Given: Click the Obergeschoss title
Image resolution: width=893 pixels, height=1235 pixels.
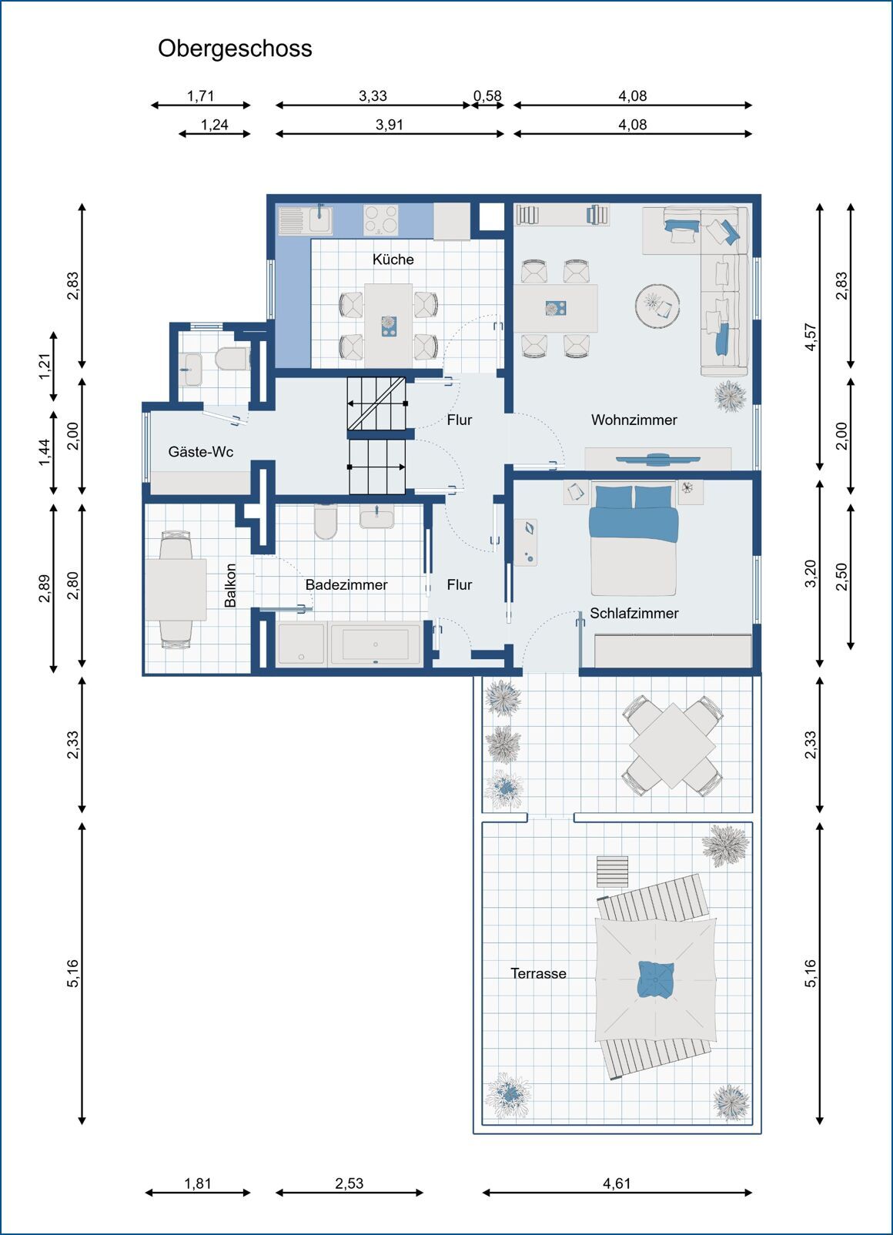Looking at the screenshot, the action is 235,49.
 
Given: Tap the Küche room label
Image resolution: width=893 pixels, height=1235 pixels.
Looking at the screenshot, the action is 393,259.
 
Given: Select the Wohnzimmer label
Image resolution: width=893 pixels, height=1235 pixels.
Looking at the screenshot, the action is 634,420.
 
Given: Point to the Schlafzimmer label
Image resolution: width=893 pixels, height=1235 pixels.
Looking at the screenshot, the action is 634,613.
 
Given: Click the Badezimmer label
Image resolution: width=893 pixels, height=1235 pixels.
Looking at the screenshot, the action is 346,584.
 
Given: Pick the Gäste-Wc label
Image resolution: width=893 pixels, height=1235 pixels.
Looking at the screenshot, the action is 201,451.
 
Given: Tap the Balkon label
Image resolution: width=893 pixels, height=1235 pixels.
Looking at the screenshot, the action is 230,585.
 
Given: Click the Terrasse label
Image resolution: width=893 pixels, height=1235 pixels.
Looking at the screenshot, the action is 538,974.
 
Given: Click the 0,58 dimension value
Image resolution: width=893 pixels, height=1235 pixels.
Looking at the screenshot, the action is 487,96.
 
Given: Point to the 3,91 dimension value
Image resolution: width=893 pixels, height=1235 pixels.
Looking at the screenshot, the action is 390,125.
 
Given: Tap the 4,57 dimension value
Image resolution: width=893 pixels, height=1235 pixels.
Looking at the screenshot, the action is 811,337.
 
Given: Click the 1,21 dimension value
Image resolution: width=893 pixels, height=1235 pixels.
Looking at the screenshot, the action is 45,366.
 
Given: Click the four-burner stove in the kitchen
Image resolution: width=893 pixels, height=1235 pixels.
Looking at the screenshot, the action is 380,219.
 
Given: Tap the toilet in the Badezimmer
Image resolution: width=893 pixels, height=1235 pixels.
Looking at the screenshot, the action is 325,521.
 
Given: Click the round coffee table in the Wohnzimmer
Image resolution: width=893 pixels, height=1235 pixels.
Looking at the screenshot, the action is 657,304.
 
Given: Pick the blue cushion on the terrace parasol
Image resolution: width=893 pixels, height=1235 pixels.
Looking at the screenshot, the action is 655,979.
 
